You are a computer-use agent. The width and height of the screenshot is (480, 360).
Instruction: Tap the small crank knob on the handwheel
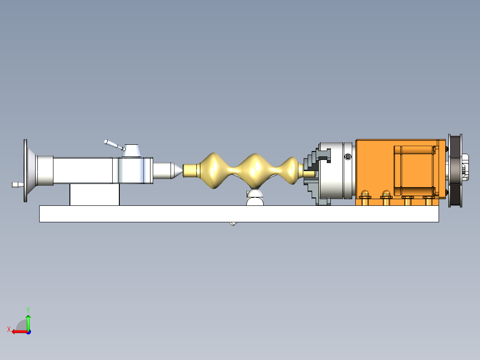(16, 184)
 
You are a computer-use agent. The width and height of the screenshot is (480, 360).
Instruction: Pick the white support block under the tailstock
(94, 195)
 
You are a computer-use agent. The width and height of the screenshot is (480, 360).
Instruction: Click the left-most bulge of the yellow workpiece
(213, 170)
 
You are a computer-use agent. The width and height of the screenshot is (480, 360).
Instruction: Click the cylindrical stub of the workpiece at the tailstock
(191, 170)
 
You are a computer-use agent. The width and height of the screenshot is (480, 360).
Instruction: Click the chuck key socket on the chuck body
(347, 156)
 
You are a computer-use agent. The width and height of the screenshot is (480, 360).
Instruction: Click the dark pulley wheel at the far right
(455, 170)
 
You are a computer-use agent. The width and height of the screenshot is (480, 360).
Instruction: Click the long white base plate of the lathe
(239, 213)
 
